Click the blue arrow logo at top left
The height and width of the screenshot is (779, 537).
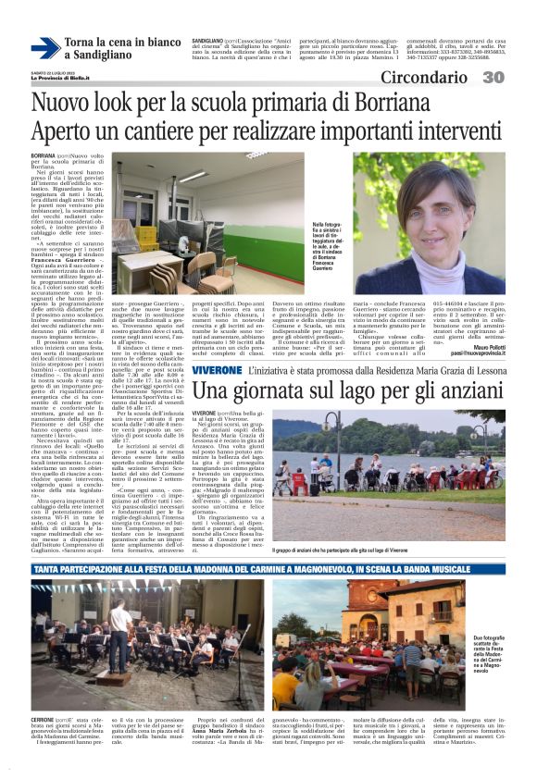44,47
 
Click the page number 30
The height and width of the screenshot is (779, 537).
518,78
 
